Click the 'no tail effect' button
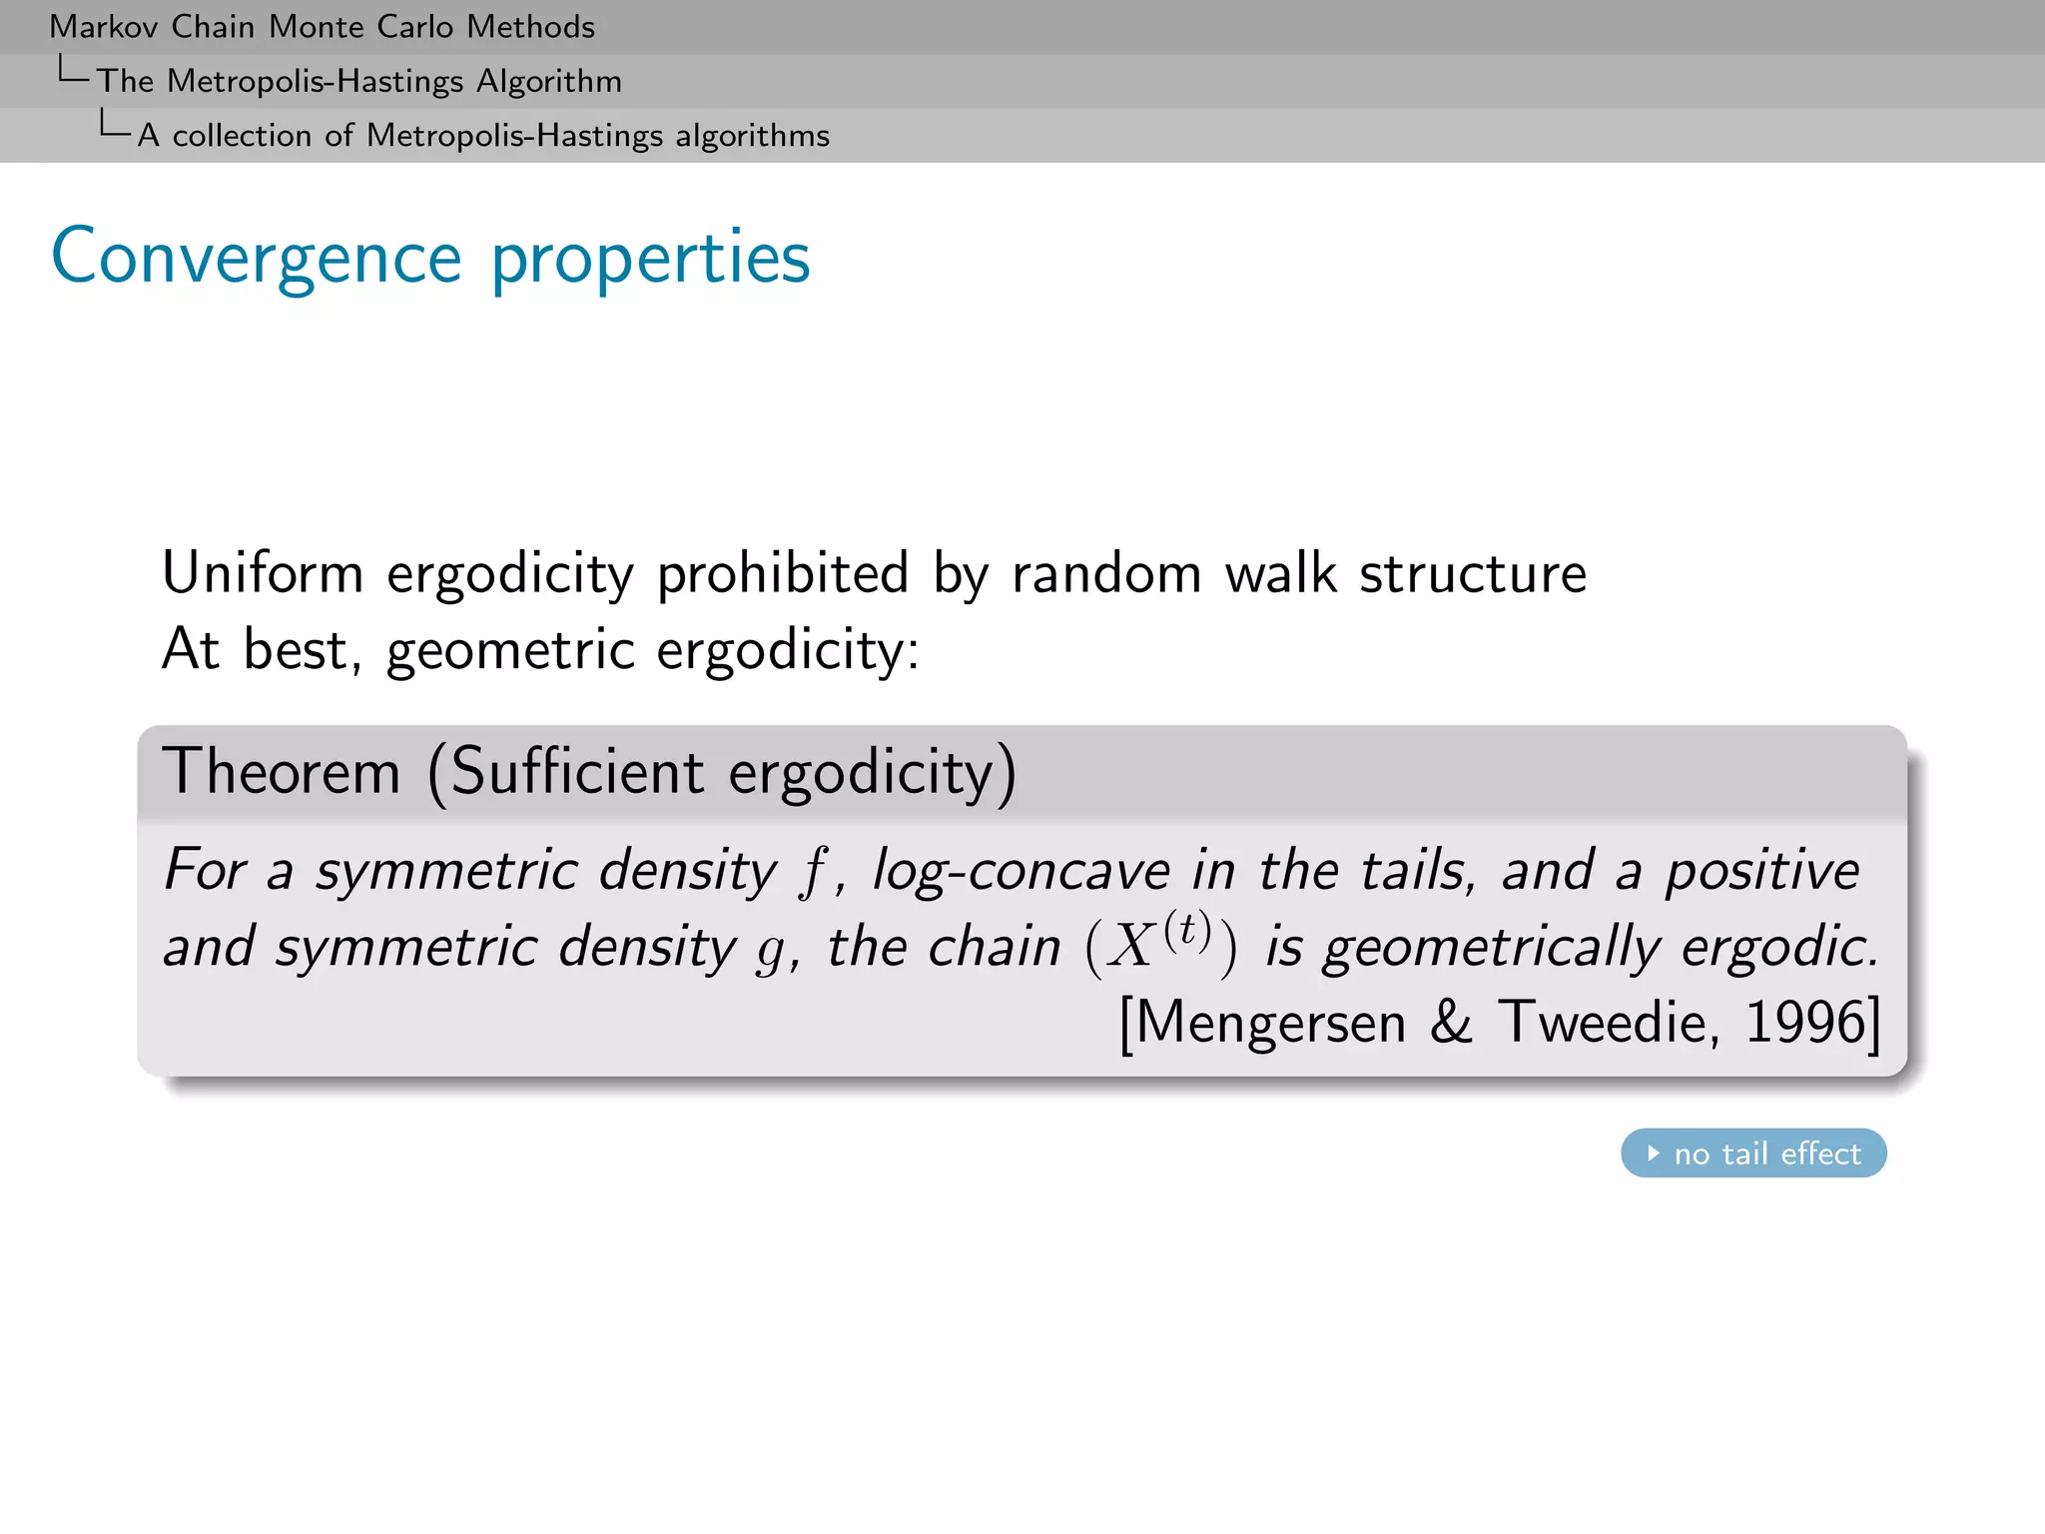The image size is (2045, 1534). click(x=1753, y=1153)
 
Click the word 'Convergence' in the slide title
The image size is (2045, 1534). click(x=256, y=258)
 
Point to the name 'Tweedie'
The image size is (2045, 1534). click(x=1608, y=1022)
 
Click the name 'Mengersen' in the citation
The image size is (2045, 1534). click(x=1270, y=1024)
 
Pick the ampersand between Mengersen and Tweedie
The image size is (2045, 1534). click(x=1451, y=1022)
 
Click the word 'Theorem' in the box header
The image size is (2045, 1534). click(x=282, y=772)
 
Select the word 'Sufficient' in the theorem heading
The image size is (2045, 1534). click(x=577, y=772)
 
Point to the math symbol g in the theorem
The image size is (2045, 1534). click(x=770, y=949)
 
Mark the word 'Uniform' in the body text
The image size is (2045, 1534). click(x=263, y=574)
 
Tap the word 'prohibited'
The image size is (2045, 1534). click(x=782, y=574)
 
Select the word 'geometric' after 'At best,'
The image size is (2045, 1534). click(x=510, y=651)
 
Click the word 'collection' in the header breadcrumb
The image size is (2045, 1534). click(x=242, y=135)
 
